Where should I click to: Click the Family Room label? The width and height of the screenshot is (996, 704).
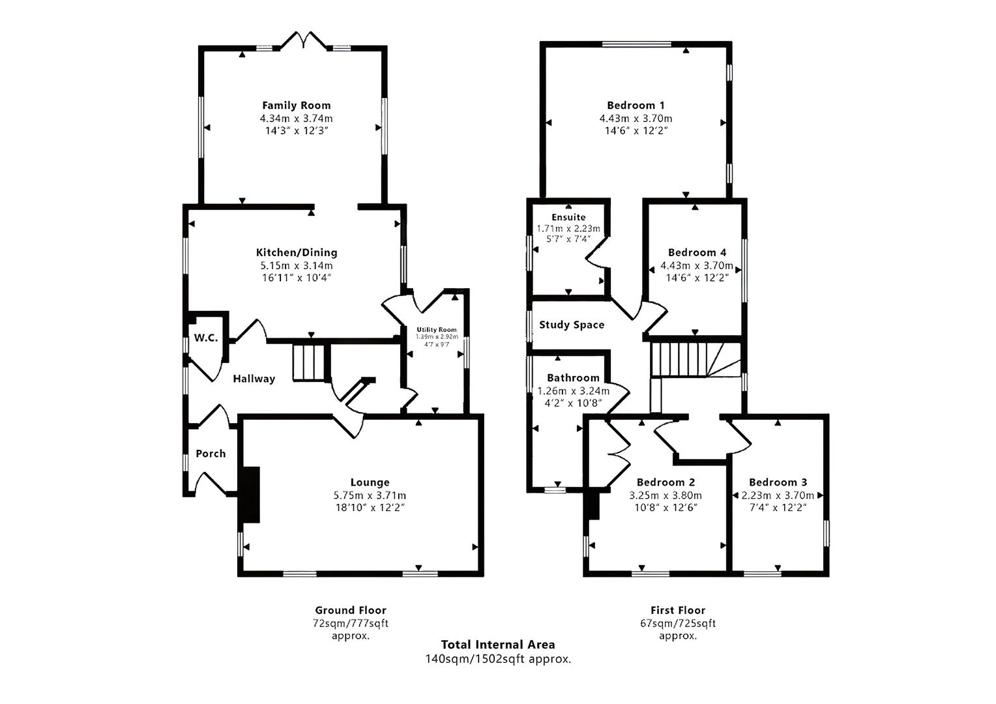[296, 105]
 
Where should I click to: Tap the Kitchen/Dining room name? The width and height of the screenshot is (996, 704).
[296, 252]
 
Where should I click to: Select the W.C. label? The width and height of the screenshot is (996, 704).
[205, 338]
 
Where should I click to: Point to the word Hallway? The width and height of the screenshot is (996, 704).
[254, 379]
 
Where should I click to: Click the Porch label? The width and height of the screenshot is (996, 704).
[211, 454]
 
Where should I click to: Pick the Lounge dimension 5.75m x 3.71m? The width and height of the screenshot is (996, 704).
[370, 495]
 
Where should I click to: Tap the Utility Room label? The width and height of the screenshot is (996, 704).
[437, 330]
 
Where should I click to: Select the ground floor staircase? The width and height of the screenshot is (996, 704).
[309, 362]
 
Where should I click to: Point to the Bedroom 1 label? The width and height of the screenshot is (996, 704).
[636, 105]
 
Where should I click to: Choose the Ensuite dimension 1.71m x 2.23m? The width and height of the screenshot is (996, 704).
[568, 229]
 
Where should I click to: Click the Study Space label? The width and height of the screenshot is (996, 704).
[572, 325]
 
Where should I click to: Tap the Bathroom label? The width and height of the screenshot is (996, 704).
[573, 378]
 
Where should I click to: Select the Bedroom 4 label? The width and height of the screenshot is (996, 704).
[697, 252]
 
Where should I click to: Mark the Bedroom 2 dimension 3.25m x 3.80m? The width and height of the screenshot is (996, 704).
[666, 495]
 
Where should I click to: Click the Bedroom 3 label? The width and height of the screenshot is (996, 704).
[778, 482]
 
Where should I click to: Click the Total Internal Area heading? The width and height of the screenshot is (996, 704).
[498, 645]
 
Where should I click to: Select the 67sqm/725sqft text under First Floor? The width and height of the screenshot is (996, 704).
[678, 623]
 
